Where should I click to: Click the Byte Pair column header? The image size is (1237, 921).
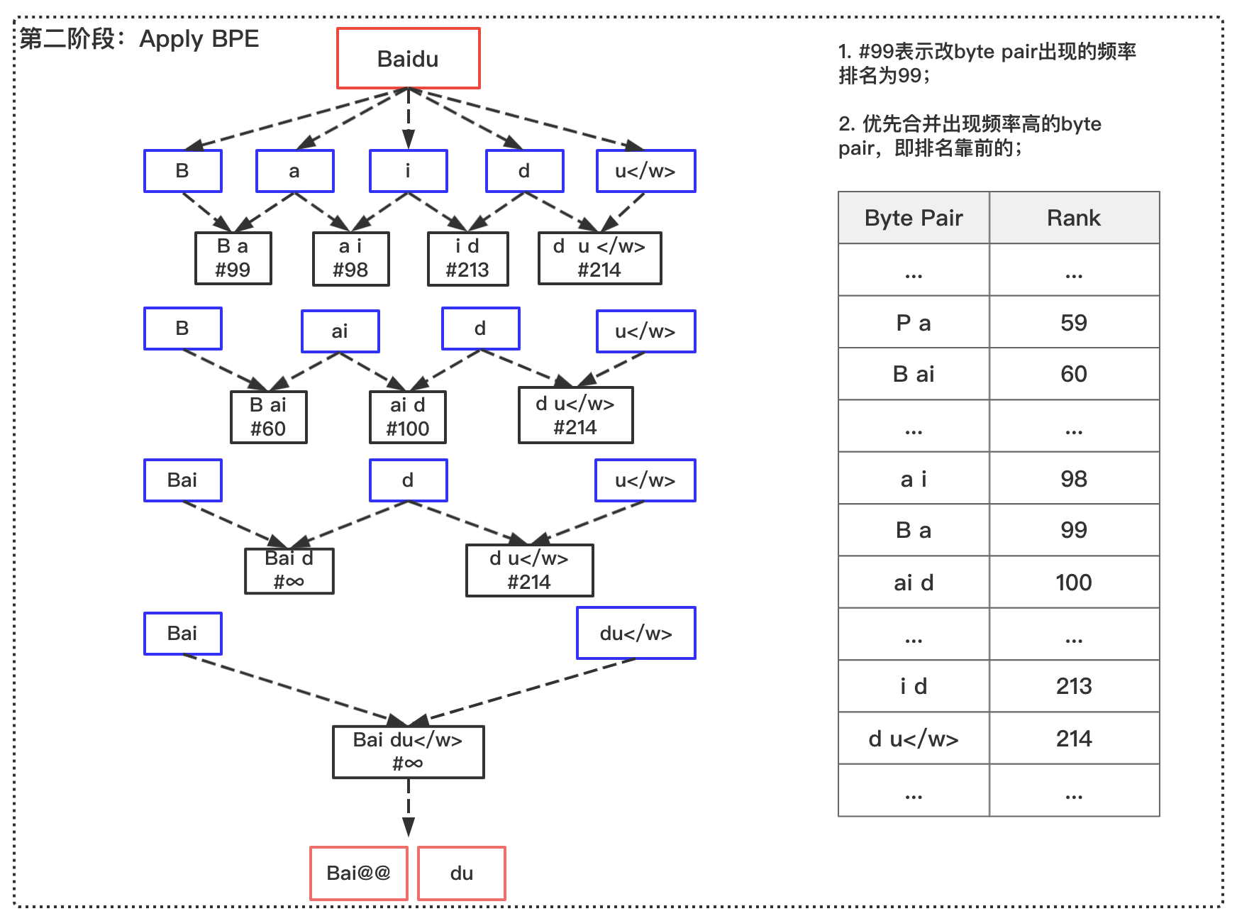(914, 218)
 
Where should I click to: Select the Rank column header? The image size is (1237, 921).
(1075, 218)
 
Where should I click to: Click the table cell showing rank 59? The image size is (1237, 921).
(1075, 322)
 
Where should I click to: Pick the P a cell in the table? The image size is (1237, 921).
(914, 322)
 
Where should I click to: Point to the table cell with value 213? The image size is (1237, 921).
(1075, 686)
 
